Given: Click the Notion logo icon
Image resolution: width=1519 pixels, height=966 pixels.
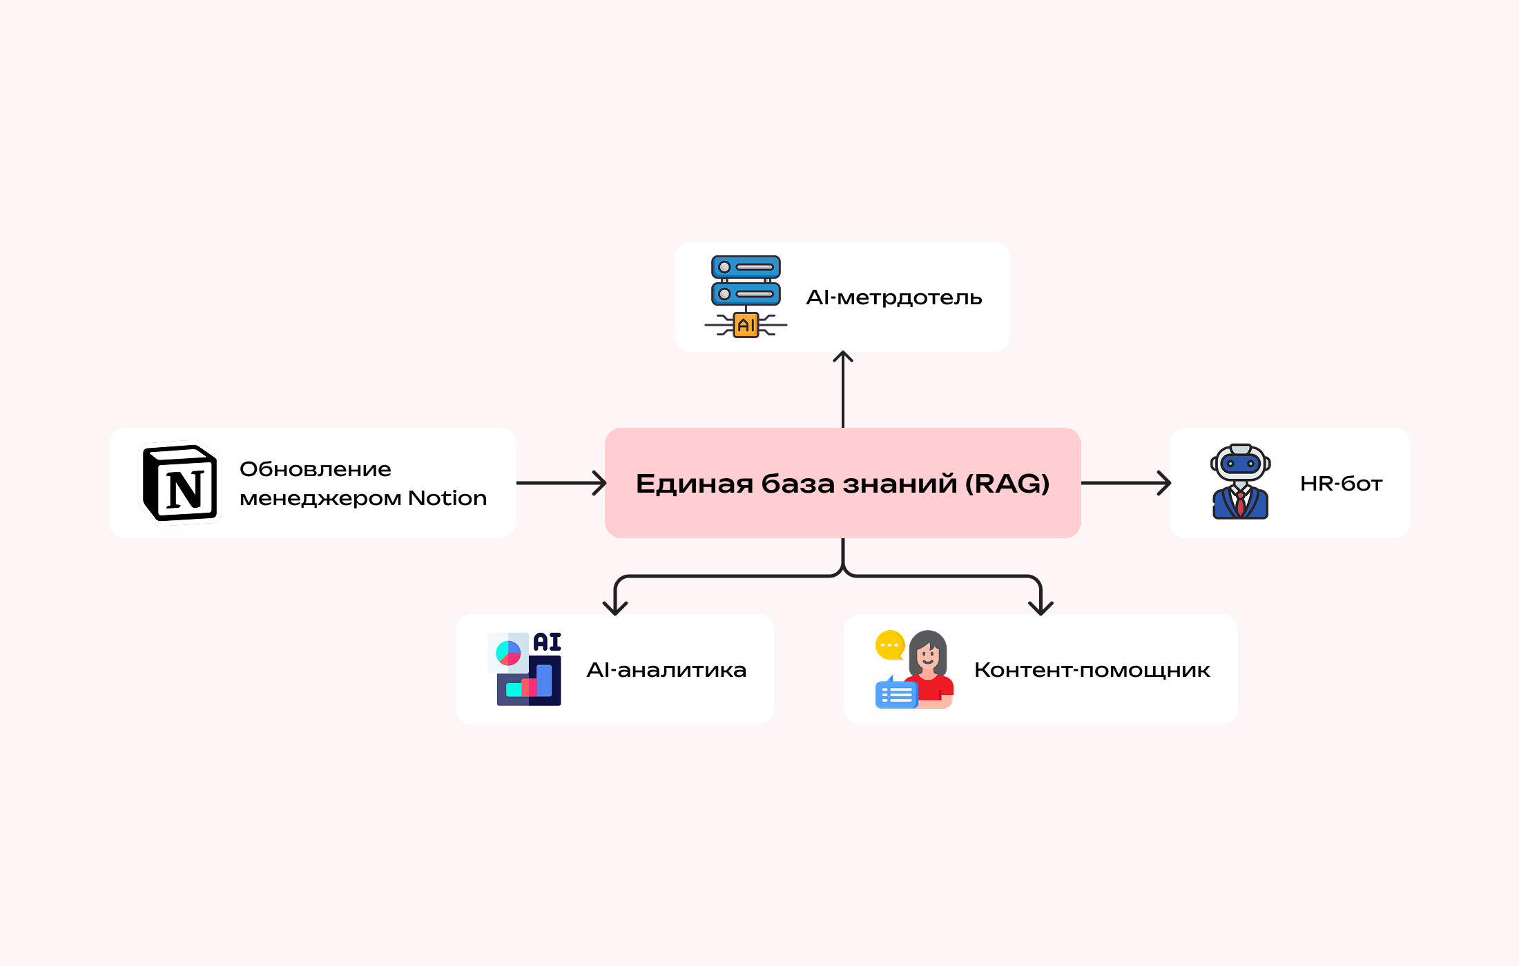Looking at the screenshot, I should click(x=180, y=483).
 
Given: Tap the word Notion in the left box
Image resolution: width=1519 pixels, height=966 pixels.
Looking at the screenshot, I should click(x=447, y=498).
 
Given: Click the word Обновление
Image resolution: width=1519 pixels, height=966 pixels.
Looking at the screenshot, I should click(x=316, y=469).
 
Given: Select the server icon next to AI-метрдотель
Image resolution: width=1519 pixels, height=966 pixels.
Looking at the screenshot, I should click(x=746, y=281).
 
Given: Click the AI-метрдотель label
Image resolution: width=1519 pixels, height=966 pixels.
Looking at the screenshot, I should click(x=894, y=297).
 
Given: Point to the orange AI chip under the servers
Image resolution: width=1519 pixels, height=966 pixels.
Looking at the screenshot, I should click(x=746, y=325).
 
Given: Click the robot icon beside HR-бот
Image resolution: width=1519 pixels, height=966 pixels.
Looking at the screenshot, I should click(x=1240, y=482).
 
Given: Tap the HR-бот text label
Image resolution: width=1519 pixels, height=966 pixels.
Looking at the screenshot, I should click(x=1341, y=484).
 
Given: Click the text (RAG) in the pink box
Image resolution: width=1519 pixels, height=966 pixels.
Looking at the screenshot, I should click(x=1007, y=484).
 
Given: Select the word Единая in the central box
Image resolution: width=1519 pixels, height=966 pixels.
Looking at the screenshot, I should click(x=695, y=484).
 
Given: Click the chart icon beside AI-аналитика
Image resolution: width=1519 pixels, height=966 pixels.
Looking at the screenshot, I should click(x=525, y=669).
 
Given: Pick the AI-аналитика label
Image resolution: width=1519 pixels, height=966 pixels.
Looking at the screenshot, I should click(x=666, y=670).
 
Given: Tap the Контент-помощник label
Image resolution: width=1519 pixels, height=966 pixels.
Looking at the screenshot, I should click(x=1092, y=670).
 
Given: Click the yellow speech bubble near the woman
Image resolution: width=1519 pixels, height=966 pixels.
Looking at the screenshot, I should click(x=890, y=645).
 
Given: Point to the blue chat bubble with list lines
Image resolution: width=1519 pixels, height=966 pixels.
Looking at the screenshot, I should click(x=896, y=694).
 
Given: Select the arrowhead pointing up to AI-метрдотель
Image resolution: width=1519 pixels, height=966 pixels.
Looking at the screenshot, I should click(x=843, y=357).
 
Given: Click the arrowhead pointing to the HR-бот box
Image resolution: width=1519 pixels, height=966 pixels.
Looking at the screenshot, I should click(x=1164, y=483).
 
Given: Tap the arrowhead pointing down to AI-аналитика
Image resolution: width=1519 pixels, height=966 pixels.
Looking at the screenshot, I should click(x=615, y=608).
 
